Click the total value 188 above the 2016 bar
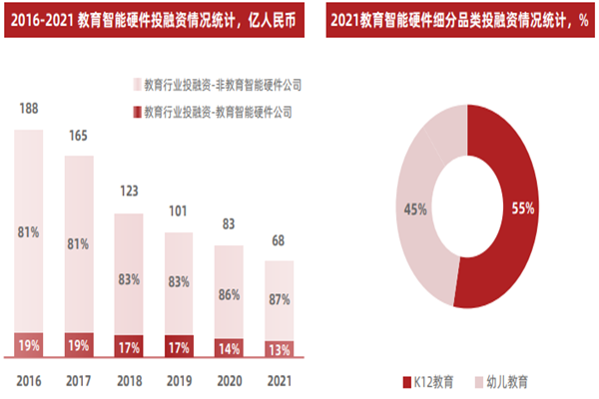pos(28,109)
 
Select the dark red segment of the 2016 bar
pos(28,344)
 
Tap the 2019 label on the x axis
pos(179,379)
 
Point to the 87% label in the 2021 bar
pos(280,298)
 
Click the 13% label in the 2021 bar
pos(280,348)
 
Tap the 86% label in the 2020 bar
pos(230,295)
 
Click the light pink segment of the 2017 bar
pos(79,239)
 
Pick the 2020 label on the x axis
pos(229,379)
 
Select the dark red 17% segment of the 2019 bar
pos(179,347)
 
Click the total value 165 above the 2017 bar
pos(79,137)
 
